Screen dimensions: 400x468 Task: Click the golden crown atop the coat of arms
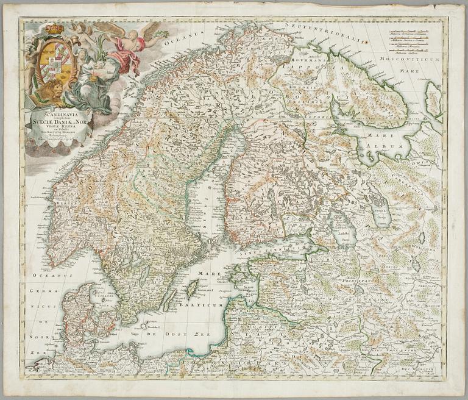pyautogui.click(x=55, y=28)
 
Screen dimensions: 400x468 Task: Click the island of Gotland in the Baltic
pyautogui.click(x=192, y=288)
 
